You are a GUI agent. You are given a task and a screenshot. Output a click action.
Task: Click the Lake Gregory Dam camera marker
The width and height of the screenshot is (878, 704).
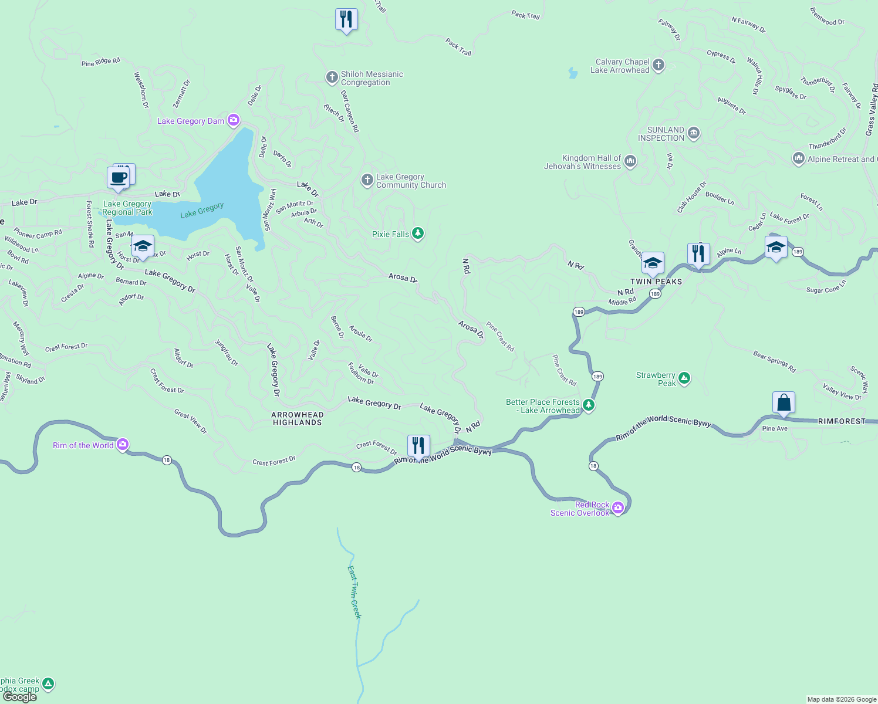(234, 121)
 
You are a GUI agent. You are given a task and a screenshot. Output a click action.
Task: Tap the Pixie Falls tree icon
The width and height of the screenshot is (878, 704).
(418, 233)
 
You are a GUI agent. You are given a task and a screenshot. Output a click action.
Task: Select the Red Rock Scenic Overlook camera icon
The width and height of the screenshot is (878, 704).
(618, 507)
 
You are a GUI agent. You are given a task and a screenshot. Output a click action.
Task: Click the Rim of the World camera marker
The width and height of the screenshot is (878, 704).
(123, 445)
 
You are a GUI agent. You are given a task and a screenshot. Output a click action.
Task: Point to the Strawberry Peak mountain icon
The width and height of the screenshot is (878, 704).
(684, 378)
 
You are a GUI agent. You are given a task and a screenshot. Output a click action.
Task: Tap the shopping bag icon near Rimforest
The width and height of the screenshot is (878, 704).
(784, 403)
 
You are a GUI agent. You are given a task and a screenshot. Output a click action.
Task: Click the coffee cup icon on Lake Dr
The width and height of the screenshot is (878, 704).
(118, 177)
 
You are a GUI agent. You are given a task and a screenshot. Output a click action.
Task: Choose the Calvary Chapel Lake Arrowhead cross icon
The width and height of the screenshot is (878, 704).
(658, 65)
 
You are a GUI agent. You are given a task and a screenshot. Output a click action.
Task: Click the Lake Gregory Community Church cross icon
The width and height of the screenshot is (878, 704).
(367, 180)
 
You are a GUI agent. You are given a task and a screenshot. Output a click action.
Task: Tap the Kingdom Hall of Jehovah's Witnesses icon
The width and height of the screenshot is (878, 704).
(630, 161)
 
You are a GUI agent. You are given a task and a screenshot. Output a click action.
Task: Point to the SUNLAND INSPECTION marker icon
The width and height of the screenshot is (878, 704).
(694, 133)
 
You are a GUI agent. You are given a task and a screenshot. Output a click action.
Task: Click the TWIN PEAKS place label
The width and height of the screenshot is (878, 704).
(656, 282)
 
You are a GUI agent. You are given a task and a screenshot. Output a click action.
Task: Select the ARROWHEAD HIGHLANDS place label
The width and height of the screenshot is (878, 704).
(298, 418)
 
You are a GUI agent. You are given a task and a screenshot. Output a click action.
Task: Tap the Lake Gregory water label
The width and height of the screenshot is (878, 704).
(202, 210)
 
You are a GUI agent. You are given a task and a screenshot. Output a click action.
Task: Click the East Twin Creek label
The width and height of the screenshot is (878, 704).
(354, 592)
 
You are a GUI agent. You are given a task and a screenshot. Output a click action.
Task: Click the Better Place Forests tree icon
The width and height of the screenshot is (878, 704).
(589, 405)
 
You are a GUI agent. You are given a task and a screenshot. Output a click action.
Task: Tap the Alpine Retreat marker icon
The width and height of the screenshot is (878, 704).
(798, 158)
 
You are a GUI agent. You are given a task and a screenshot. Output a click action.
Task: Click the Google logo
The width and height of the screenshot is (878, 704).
(20, 696)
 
